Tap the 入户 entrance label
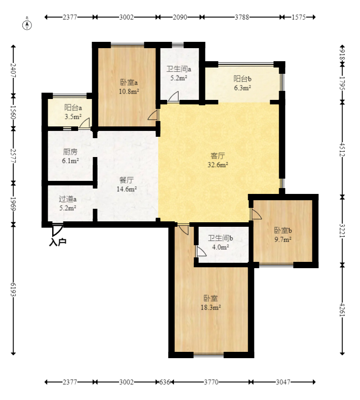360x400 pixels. (x=58, y=242)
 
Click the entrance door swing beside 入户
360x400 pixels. (x=57, y=230)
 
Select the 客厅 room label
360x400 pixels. (x=218, y=155)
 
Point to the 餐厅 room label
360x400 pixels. (x=126, y=180)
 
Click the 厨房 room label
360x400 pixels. (x=70, y=152)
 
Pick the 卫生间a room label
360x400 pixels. (x=178, y=69)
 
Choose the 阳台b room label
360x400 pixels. (x=242, y=79)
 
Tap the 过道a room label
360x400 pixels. (x=67, y=199)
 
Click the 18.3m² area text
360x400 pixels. (x=210, y=307)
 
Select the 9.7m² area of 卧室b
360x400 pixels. (x=283, y=239)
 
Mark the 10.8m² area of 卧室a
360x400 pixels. (x=129, y=91)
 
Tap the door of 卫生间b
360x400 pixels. (x=201, y=251)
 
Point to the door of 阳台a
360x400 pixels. (x=84, y=123)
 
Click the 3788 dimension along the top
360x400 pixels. (x=242, y=17)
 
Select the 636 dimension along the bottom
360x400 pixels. (x=164, y=382)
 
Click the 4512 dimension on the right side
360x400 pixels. (x=342, y=149)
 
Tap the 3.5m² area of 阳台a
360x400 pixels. (x=73, y=117)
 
